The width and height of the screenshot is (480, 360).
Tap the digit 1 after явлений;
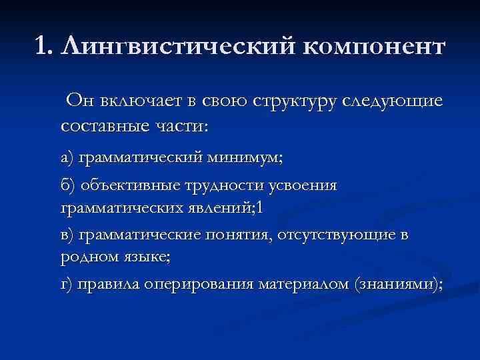261,207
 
